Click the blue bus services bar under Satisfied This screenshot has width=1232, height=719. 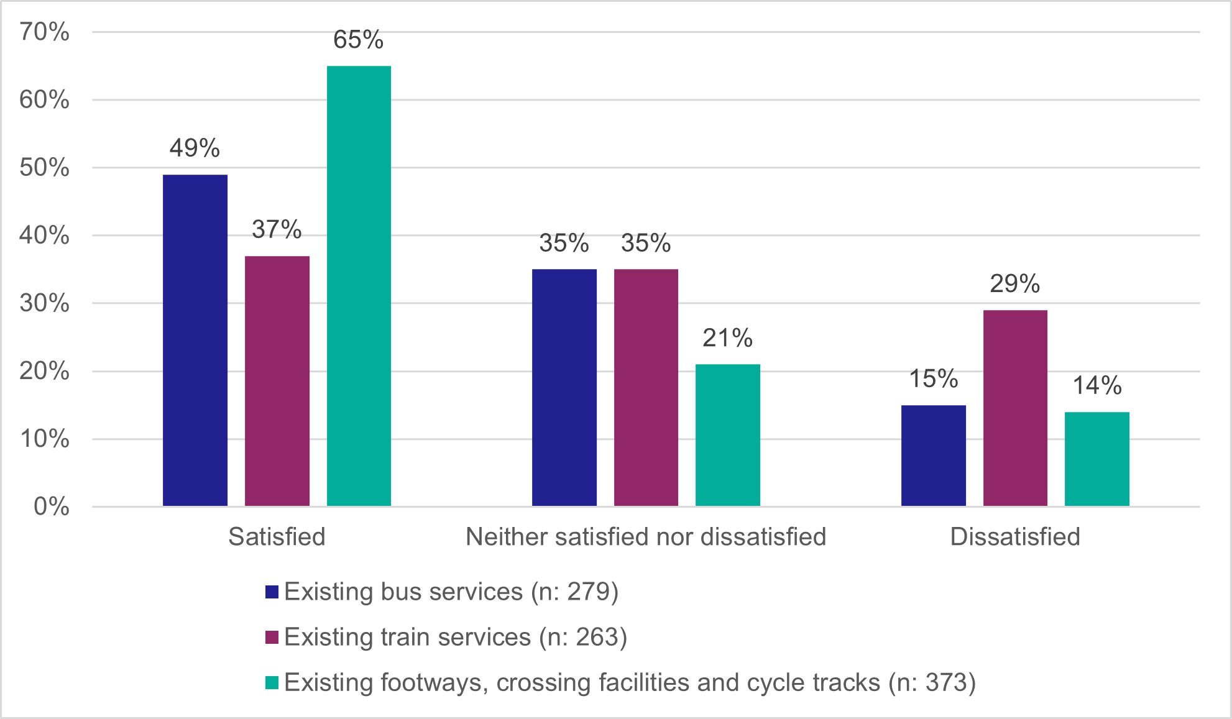coord(195,341)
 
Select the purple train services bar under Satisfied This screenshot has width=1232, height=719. coord(277,381)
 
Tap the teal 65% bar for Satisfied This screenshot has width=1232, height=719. coord(359,286)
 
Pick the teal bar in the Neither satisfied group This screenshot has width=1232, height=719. coord(727,435)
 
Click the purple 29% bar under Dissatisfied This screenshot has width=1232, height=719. coord(1015,408)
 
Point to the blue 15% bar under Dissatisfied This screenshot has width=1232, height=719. coord(933,456)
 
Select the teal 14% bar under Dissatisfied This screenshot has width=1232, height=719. coord(1096,459)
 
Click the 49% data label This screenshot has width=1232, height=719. coord(195,148)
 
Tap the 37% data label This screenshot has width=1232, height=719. coord(277,229)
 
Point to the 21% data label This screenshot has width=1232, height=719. coord(727,338)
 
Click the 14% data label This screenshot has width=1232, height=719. coord(1097,385)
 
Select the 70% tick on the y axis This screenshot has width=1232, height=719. coord(44,32)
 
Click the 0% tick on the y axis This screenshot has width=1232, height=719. coord(51,506)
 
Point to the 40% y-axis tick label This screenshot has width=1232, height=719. coord(44,236)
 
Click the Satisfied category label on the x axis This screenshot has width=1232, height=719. coord(277,536)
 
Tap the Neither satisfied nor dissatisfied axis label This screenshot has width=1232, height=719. coord(646,536)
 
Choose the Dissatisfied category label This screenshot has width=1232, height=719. coord(1015,536)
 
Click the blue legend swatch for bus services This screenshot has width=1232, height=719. coord(272,592)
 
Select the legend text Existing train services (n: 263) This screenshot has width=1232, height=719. coord(456,637)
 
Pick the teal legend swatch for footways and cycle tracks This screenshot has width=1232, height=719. coord(272,682)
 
